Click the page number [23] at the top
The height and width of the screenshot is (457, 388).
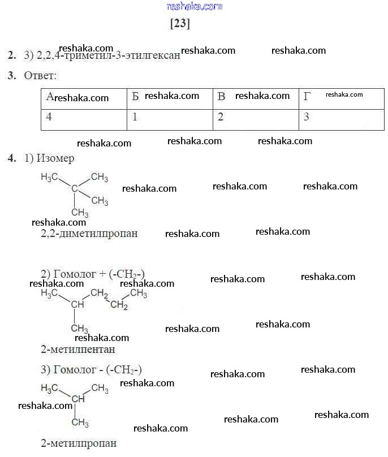click(180, 24)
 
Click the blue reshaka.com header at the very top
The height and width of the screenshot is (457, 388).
click(195, 6)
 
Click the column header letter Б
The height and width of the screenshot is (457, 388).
click(135, 97)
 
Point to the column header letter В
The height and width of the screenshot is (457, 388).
click(222, 97)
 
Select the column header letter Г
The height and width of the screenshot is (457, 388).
click(307, 97)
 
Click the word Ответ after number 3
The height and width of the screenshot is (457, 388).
click(40, 75)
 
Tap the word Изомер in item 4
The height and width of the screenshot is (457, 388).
click(55, 158)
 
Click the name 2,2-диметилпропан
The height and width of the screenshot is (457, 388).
click(89, 233)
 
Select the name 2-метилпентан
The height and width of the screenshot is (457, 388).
click(78, 350)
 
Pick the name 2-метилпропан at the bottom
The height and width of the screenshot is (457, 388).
click(79, 443)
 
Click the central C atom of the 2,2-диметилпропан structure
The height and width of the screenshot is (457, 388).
click(74, 188)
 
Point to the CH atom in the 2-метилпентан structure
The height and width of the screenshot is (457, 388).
click(77, 305)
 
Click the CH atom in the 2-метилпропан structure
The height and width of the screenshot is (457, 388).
click(78, 399)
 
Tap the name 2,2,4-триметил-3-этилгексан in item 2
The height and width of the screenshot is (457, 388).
click(108, 55)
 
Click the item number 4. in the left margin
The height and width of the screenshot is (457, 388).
click(12, 158)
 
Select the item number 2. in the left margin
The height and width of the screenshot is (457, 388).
click(12, 55)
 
